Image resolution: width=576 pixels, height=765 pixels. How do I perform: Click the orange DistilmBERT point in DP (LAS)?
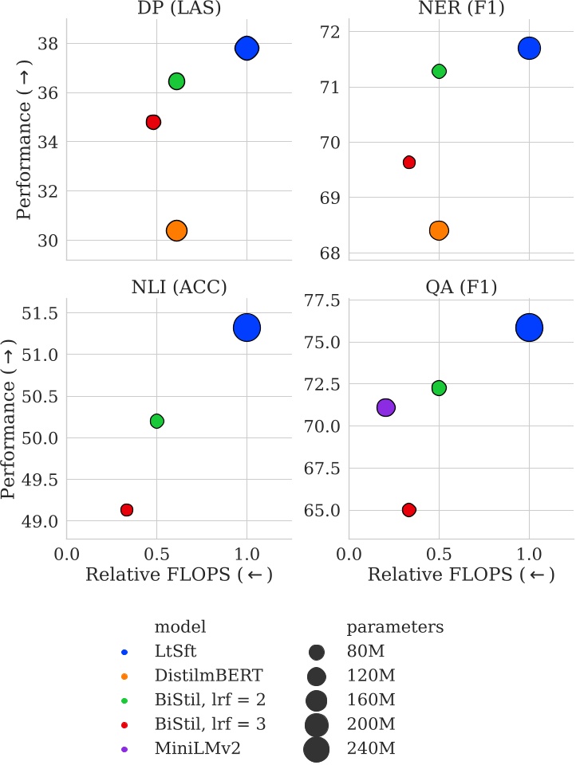click(x=176, y=230)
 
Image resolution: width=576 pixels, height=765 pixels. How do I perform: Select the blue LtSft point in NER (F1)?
click(x=529, y=48)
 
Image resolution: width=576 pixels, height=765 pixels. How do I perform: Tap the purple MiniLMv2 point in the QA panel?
click(x=385, y=407)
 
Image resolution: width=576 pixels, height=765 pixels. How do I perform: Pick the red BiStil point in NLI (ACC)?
click(x=126, y=509)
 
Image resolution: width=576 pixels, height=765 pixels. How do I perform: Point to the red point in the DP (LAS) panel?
click(x=153, y=122)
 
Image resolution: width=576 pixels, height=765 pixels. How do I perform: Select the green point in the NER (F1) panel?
click(x=439, y=71)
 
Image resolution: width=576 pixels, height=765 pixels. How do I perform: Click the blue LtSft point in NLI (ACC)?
click(x=247, y=328)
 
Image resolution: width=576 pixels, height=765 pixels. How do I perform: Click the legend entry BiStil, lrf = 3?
click(x=211, y=724)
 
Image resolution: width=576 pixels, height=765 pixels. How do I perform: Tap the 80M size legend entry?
click(x=366, y=652)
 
